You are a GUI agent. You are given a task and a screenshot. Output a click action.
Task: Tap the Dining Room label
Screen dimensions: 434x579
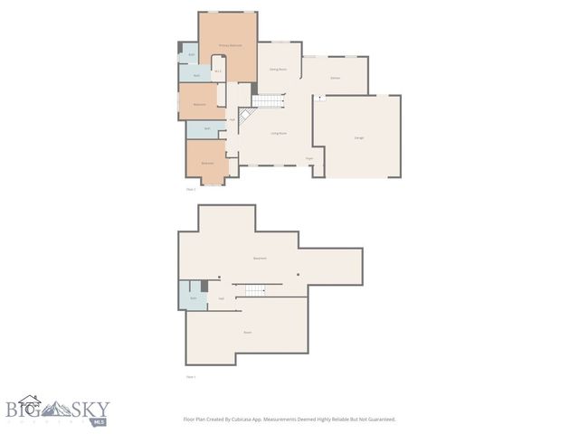click(278, 70)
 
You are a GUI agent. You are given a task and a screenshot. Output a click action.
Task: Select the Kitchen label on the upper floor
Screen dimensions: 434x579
click(335, 79)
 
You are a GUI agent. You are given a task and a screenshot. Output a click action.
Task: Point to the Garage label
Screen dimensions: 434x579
click(359, 137)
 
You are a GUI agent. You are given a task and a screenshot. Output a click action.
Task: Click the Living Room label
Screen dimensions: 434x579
click(278, 133)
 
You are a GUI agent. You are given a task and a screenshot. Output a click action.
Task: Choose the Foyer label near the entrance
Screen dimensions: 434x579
click(308, 158)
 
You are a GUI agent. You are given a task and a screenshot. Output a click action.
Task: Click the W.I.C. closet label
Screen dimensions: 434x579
click(218, 72)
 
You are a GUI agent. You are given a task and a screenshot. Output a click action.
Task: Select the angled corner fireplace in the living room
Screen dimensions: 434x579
click(244, 116)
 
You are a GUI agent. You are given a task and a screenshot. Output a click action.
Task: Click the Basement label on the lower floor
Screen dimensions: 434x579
click(260, 259)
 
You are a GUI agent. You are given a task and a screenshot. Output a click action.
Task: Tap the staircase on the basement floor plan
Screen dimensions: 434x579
click(252, 289)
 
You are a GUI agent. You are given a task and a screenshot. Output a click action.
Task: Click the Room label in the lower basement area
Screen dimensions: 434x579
click(248, 332)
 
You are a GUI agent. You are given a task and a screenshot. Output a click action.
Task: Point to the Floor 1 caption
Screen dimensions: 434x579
click(191, 377)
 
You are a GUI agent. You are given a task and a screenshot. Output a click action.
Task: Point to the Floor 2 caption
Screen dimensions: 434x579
click(191, 189)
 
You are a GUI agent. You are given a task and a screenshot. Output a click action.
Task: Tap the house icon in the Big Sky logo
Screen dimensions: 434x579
click(31, 401)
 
